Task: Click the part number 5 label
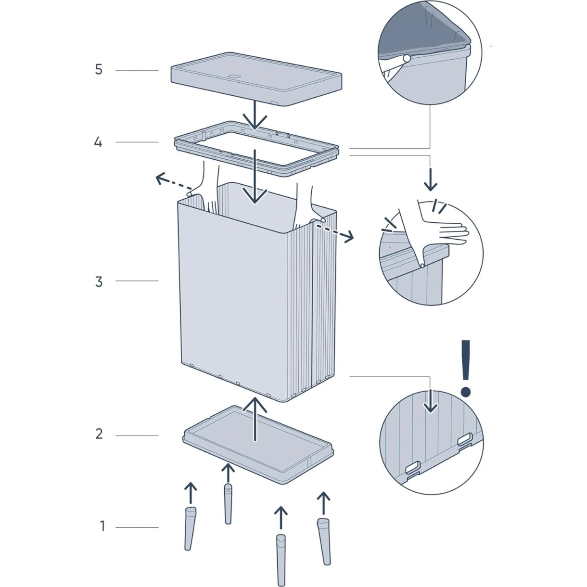tap(98, 70)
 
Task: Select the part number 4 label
tap(98, 142)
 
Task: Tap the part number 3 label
tap(98, 282)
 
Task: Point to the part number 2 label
tap(99, 434)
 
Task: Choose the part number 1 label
tap(102, 526)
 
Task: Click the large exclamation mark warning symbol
tap(466, 368)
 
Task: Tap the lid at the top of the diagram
tap(256, 79)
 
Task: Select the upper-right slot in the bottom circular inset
tap(465, 439)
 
